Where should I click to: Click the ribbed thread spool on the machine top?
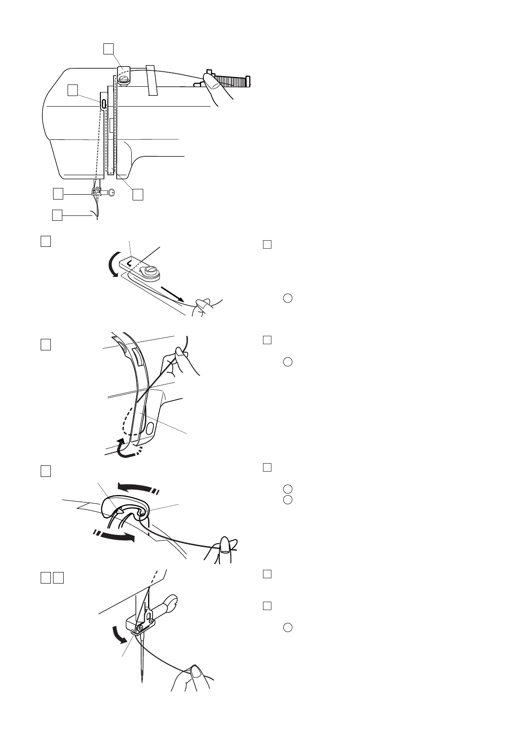click(234, 81)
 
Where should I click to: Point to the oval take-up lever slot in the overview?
click(103, 104)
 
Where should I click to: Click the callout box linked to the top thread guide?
click(108, 49)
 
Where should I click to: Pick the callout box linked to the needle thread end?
click(57, 215)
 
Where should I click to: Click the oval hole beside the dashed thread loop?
click(150, 428)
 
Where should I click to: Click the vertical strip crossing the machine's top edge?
click(152, 80)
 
